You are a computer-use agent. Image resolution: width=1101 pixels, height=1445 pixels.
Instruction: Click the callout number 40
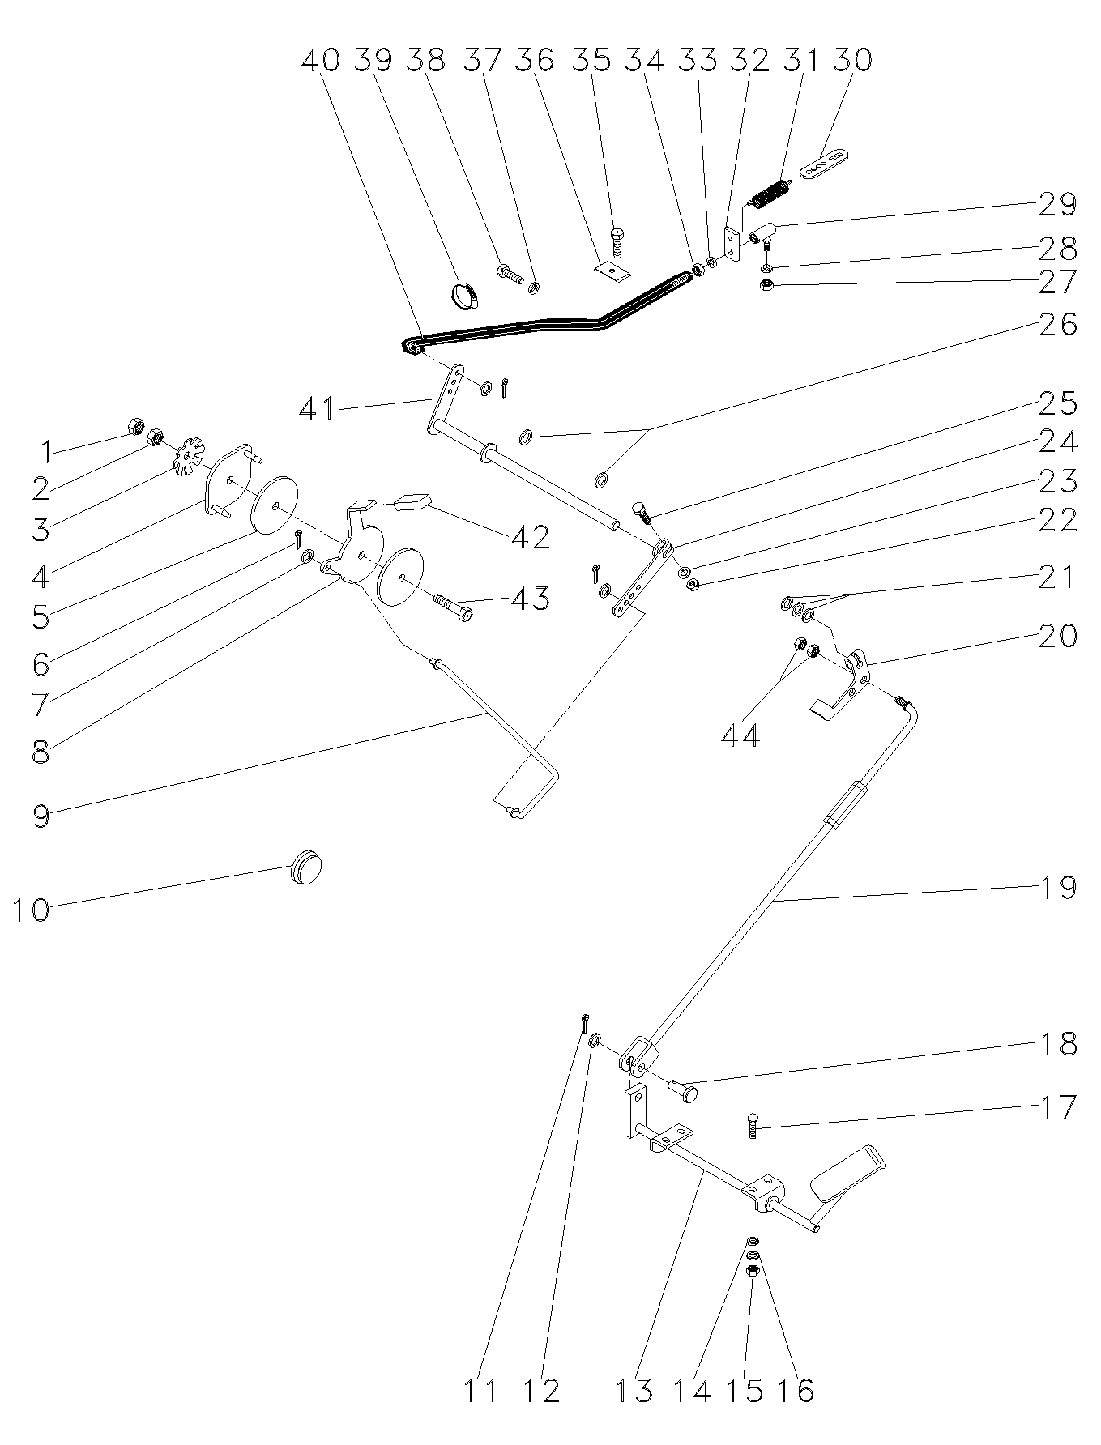(x=320, y=61)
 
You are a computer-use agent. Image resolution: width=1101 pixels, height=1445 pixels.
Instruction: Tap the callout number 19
(x=1058, y=887)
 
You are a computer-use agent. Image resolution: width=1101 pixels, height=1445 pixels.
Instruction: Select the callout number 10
(x=31, y=910)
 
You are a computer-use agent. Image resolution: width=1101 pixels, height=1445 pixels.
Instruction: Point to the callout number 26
(x=1058, y=324)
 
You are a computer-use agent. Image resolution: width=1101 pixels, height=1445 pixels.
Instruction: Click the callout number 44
(x=740, y=735)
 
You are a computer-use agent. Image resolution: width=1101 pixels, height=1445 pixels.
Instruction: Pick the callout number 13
(x=634, y=1390)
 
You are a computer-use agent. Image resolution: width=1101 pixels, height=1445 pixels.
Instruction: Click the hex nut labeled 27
(x=767, y=285)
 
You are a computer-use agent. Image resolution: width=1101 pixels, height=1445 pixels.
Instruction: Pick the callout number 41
(x=318, y=408)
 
